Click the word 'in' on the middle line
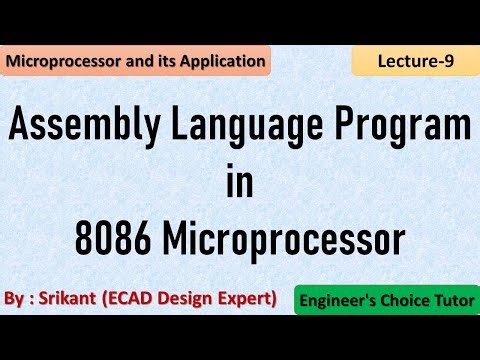pyautogui.click(x=240, y=184)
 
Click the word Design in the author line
pyautogui.click(x=189, y=298)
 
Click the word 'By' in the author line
pyautogui.click(x=15, y=298)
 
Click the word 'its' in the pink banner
pyautogui.click(x=164, y=61)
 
